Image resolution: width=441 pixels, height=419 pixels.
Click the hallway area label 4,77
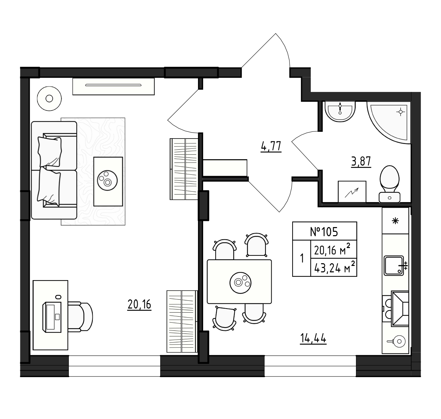(x=271, y=147)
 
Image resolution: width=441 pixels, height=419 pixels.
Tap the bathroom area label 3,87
(x=361, y=162)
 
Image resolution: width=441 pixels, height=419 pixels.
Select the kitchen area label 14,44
(x=313, y=338)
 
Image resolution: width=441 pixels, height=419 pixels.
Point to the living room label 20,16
(x=139, y=305)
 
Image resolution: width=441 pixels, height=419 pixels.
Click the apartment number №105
(x=324, y=232)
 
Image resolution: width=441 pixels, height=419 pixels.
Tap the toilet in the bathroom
(x=390, y=184)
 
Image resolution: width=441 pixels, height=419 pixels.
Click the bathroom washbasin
(x=340, y=112)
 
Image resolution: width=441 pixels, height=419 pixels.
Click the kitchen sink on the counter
(x=394, y=266)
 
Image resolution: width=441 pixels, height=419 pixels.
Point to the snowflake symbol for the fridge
(x=395, y=221)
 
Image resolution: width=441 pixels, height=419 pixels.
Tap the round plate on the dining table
(x=240, y=282)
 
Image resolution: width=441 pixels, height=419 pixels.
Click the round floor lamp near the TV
(x=49, y=98)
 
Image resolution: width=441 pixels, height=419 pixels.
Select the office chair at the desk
(x=80, y=317)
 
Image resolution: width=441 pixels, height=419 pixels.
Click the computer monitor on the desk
(x=52, y=317)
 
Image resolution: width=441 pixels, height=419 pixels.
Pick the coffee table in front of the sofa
(x=108, y=181)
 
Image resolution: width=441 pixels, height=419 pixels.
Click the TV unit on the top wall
(x=113, y=86)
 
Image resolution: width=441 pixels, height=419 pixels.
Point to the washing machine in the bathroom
(x=352, y=192)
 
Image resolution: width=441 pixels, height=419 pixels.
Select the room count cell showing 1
(x=302, y=258)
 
